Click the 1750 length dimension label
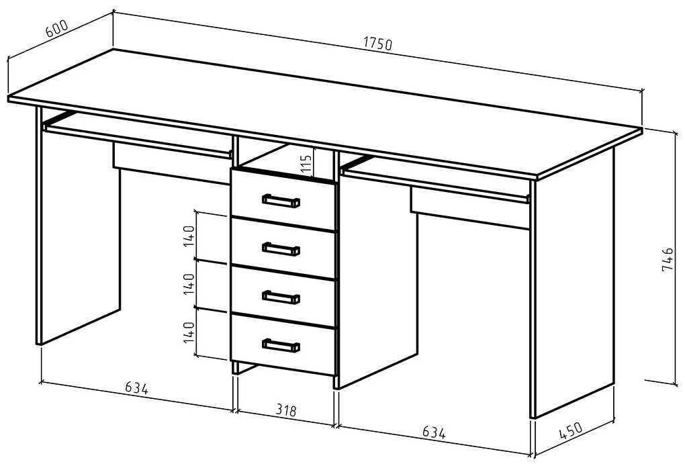pos(377,44)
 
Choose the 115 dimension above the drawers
pos(306,164)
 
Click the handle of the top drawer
pos(281,200)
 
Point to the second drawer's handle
pos(281,248)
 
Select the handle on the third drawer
pos(281,296)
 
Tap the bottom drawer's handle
pos(281,345)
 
